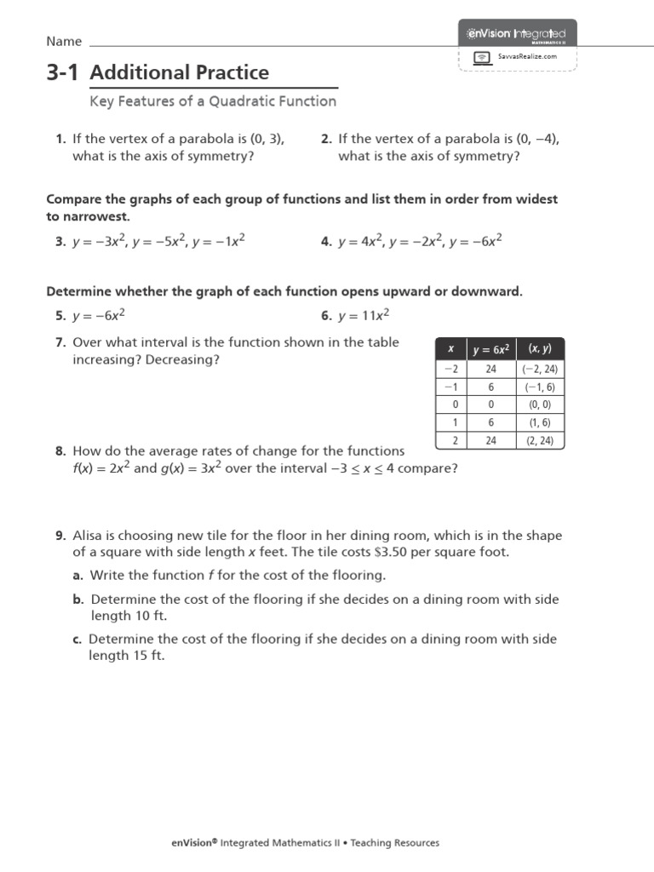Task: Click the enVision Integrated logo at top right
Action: tap(517, 33)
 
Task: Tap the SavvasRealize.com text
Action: tap(527, 56)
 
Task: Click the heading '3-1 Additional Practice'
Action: tap(158, 72)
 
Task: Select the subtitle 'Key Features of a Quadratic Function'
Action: tap(213, 101)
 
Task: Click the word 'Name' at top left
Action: tap(64, 42)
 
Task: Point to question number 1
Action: tap(60, 140)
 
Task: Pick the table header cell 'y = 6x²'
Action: tap(490, 349)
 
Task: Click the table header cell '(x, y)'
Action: tap(540, 349)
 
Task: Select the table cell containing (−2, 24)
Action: tap(540, 369)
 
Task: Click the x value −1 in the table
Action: tap(450, 387)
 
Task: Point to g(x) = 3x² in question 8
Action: tap(191, 468)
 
